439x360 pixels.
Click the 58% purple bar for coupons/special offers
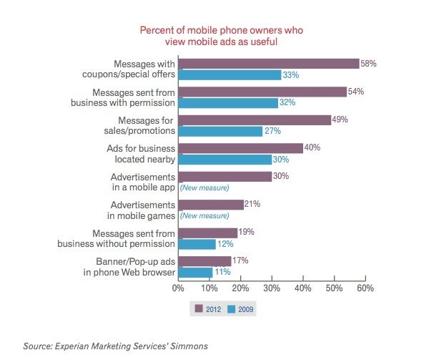coord(268,64)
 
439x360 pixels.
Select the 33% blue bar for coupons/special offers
coord(229,74)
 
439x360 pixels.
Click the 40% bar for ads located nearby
coord(240,148)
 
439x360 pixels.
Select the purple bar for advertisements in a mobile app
coord(225,176)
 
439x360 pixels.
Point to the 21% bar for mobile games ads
coord(211,205)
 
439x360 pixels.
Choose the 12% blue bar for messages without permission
coord(197,244)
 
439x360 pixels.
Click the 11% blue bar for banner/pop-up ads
coord(195,272)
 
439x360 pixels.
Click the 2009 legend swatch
coord(232,309)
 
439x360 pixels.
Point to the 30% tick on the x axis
coord(272,288)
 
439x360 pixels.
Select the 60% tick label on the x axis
coord(365,288)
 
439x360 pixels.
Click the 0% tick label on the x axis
coord(178,288)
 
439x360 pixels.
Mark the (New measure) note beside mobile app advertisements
coord(204,188)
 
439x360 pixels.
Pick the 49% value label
coord(339,120)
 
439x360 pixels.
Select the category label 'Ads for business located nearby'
coord(139,154)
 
